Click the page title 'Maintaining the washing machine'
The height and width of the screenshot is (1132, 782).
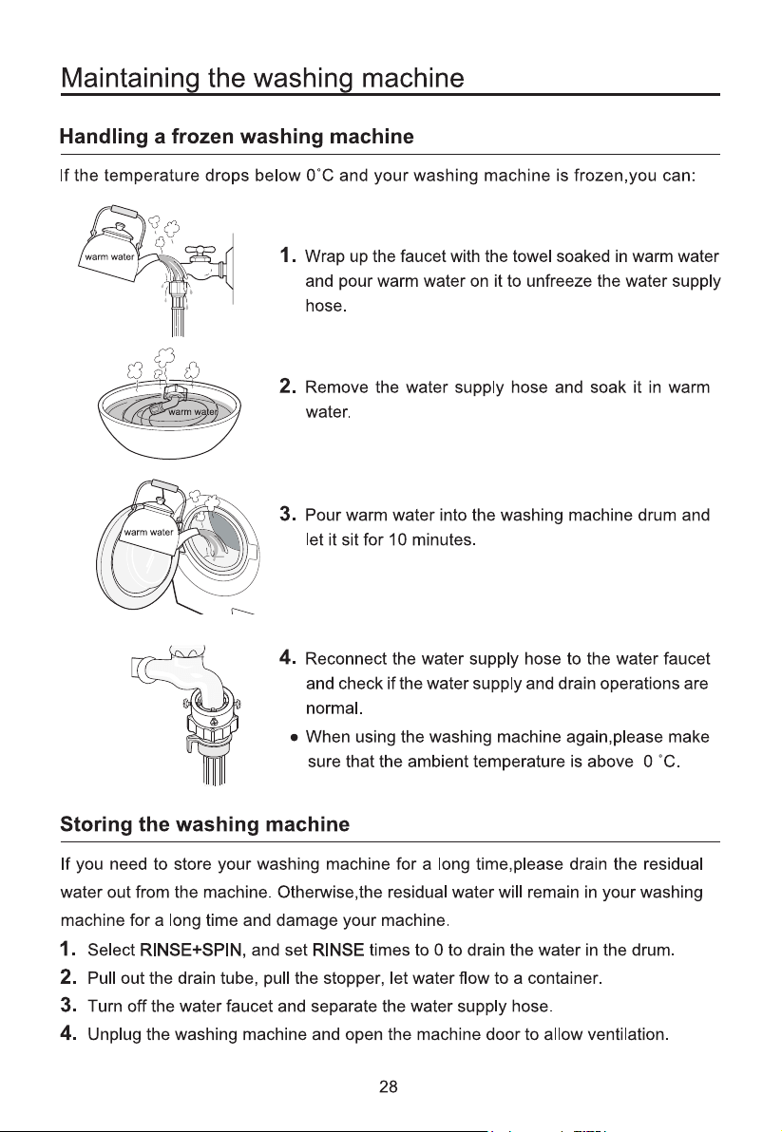click(x=263, y=78)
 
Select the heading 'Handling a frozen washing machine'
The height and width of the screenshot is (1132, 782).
click(x=237, y=137)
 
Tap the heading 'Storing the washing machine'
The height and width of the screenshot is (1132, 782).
click(x=205, y=824)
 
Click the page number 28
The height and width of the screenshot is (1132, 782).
click(x=389, y=1086)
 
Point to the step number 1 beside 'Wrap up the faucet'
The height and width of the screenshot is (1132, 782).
click(x=287, y=255)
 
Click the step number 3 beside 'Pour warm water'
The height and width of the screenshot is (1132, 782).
click(x=287, y=514)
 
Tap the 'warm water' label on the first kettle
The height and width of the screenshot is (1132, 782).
click(x=110, y=256)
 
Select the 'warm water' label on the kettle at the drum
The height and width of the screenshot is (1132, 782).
click(x=149, y=533)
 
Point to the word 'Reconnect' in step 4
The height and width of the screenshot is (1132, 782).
click(x=346, y=659)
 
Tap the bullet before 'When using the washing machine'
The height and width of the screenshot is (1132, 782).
click(x=294, y=738)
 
